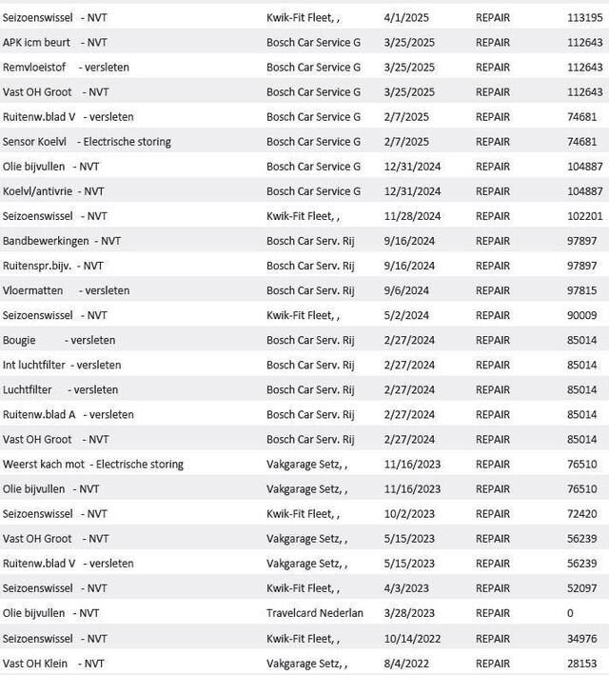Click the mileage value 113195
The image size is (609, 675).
(x=584, y=17)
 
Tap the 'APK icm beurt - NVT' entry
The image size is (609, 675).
(x=54, y=42)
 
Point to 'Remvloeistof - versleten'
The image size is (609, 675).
(x=66, y=67)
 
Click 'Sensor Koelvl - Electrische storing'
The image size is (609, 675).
(x=87, y=141)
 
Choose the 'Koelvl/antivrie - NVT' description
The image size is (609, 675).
(x=53, y=190)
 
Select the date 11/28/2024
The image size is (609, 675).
(x=412, y=216)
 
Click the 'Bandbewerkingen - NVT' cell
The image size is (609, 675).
(x=61, y=241)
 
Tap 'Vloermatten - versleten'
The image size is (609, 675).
(x=66, y=290)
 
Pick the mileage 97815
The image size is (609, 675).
(x=584, y=290)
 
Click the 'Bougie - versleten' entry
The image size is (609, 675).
(x=59, y=340)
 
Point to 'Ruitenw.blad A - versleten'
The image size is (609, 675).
(x=68, y=414)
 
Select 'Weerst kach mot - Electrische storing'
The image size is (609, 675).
(x=93, y=464)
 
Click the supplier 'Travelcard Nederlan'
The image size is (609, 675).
(x=315, y=613)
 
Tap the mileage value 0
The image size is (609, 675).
(x=570, y=613)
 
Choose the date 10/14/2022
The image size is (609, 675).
(x=412, y=638)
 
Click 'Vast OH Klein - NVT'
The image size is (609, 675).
(x=54, y=663)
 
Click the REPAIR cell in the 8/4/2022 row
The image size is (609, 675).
(x=492, y=663)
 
